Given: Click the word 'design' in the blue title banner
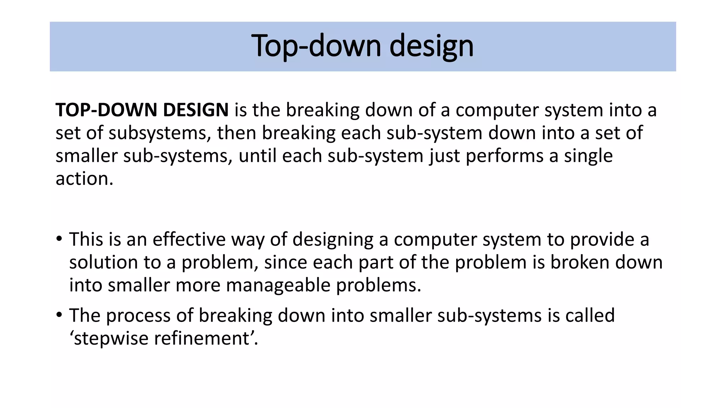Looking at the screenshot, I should point(431,46).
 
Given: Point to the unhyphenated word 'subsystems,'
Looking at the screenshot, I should point(160,133).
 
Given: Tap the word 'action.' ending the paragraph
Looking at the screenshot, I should point(84,179).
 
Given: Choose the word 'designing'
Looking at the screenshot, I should point(333,239).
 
